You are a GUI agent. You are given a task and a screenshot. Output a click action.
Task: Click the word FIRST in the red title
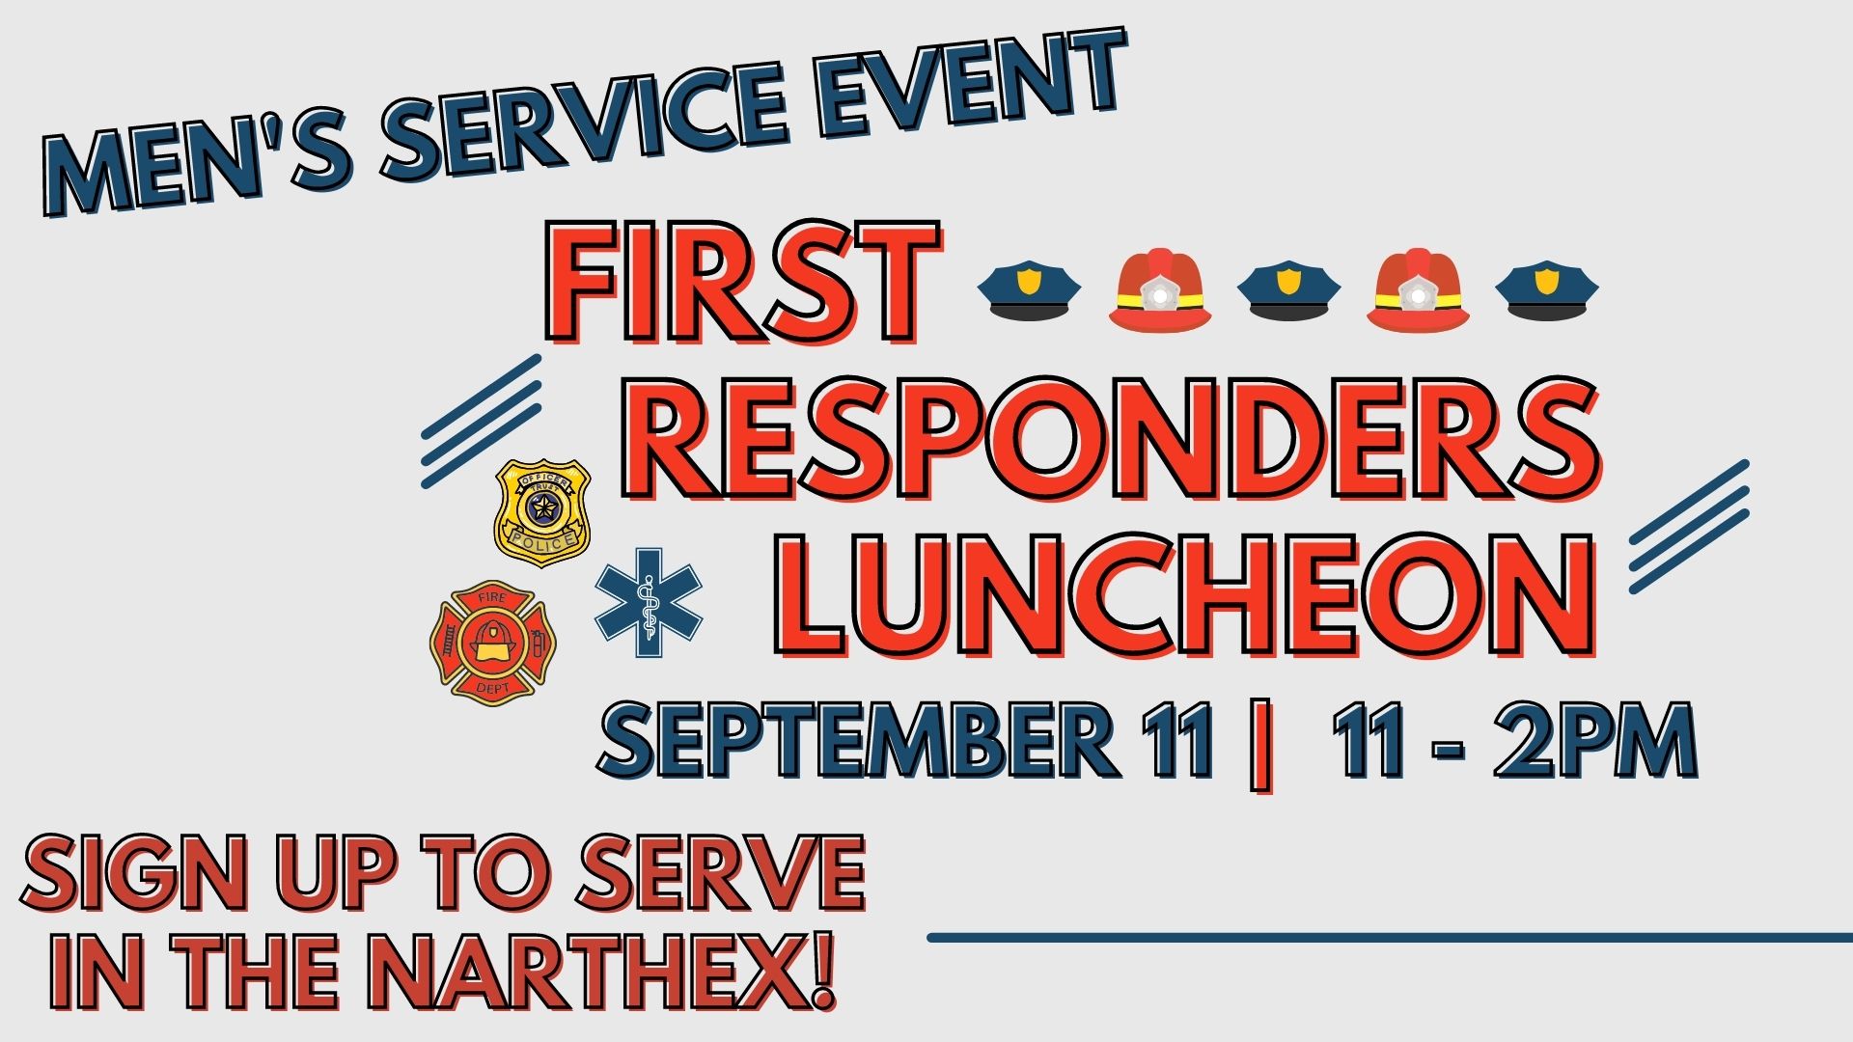coord(743,283)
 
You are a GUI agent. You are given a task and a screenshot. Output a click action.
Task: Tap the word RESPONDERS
coord(1110,439)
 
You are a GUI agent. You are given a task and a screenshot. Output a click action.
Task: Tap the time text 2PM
coord(1595,739)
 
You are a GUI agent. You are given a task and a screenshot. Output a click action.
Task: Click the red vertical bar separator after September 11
coord(1259,744)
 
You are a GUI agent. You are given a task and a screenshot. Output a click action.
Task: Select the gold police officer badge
coord(542,511)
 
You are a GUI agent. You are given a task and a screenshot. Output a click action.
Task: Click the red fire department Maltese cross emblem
coord(493,643)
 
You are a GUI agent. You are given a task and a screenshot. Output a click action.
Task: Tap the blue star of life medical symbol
coord(649,602)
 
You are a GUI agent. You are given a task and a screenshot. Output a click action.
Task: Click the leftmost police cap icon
coord(1029,288)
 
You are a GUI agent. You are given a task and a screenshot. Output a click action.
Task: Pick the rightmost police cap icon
coord(1547,288)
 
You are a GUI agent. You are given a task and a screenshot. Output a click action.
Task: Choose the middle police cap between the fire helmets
coord(1288,288)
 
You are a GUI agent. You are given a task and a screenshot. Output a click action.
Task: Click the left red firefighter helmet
coord(1160,289)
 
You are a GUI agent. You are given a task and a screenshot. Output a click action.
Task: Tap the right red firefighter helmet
coord(1419,289)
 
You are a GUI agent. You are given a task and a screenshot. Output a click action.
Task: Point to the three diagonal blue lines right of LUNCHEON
coord(1689,527)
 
